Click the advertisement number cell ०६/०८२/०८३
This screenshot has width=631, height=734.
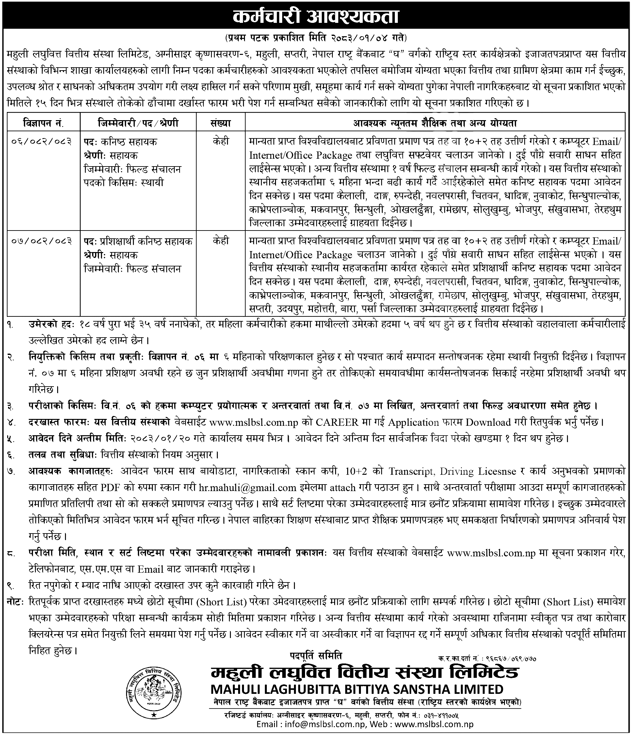tap(42, 142)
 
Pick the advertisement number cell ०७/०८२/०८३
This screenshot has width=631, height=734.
tap(42, 241)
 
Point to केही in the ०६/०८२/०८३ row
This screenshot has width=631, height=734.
tap(221, 142)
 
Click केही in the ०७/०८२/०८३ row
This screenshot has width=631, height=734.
tap(221, 241)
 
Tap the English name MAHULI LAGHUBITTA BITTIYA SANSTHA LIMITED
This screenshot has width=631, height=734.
tap(357, 689)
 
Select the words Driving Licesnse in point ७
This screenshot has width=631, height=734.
tap(477, 471)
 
